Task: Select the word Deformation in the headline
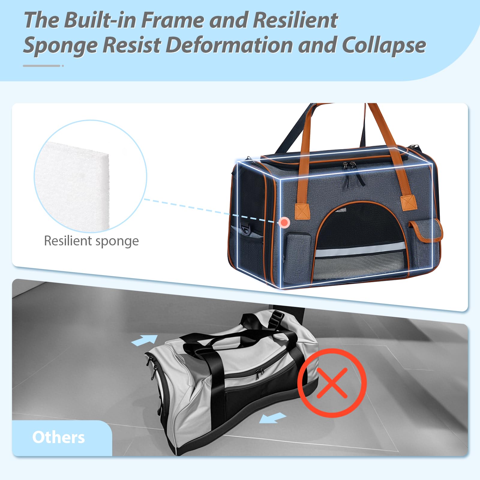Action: [x=229, y=46]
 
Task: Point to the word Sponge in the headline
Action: [x=60, y=46]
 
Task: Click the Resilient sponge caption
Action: [x=91, y=241]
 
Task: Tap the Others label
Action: [x=58, y=437]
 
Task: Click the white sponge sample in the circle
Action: [x=75, y=183]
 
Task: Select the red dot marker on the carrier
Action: [x=284, y=223]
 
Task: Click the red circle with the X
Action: [x=332, y=383]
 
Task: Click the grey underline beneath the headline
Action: [x=42, y=66]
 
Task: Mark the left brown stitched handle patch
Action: [x=302, y=211]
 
